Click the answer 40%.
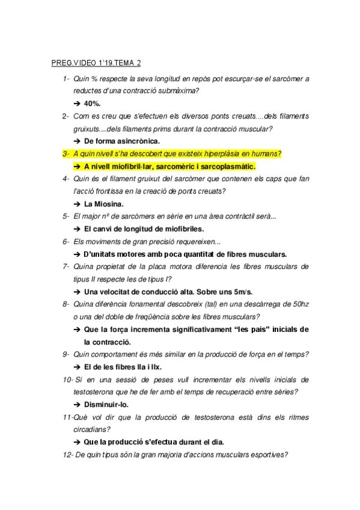93,103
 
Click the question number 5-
66,216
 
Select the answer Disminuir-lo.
106,404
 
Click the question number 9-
66,354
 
